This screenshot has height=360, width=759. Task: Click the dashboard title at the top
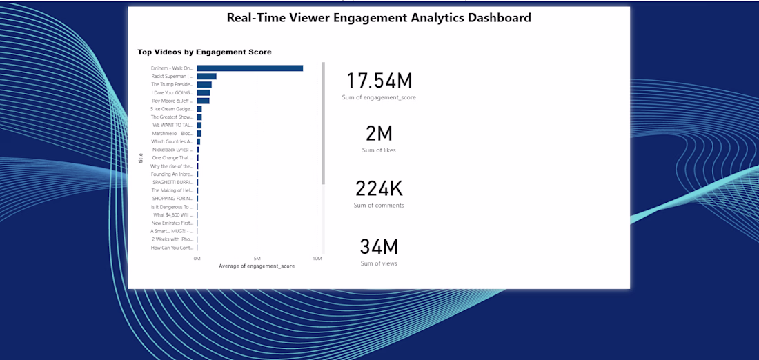(379, 18)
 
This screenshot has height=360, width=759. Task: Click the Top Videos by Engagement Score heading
(204, 52)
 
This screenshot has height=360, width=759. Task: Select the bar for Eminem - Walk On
(250, 68)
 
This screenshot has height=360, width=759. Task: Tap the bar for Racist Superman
(206, 76)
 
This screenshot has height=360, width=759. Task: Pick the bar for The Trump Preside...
(204, 84)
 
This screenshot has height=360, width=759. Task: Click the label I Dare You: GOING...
(172, 92)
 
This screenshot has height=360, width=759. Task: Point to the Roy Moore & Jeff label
(172, 101)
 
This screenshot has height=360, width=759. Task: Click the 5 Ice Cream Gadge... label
(172, 109)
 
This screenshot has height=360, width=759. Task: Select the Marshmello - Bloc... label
(172, 133)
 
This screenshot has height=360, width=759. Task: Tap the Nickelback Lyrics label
(172, 150)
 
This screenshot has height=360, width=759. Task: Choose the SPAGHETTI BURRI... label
(172, 182)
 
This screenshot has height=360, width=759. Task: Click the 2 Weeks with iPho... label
(172, 239)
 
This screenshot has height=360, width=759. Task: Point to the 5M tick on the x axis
(257, 259)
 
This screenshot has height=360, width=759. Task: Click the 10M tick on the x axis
(317, 259)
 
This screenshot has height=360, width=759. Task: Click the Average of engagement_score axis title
(257, 266)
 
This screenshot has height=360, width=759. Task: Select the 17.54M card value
(379, 81)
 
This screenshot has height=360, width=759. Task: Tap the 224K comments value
(379, 189)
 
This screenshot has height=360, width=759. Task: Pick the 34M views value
(379, 247)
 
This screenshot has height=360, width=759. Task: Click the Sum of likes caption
(379, 150)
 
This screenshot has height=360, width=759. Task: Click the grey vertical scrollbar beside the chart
(323, 124)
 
